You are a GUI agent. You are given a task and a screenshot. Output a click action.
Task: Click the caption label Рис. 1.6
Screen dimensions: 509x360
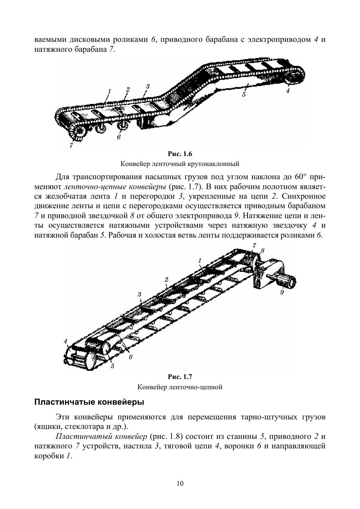coord(180,154)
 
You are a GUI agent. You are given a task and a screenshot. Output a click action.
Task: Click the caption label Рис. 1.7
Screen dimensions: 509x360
coord(180,377)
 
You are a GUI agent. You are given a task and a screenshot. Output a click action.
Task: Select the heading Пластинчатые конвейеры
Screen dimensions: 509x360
coord(89,402)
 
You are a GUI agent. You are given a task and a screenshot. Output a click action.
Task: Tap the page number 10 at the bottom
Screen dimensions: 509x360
coord(180,483)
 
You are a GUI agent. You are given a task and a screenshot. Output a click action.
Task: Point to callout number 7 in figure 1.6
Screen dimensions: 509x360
coord(71,145)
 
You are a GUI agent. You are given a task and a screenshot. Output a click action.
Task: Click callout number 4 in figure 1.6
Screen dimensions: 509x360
coord(288,91)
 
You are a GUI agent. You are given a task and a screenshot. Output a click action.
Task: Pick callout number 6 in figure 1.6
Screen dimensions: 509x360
coord(119,137)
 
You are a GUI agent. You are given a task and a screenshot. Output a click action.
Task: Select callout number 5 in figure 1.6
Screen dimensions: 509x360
coord(243,94)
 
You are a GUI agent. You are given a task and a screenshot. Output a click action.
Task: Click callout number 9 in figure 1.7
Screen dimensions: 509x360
coord(282,292)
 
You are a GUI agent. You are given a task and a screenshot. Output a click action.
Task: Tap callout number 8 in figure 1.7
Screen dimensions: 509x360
coord(262,250)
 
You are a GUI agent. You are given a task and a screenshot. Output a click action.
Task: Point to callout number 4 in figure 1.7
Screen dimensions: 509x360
coord(66,342)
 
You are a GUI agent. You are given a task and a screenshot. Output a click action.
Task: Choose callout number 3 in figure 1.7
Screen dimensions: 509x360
coord(140,295)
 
